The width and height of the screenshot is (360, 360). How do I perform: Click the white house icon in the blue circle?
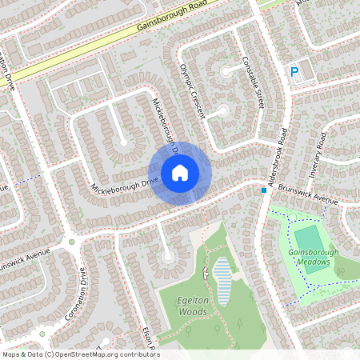coord(179,172)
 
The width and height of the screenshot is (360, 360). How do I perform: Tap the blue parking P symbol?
coord(294,72)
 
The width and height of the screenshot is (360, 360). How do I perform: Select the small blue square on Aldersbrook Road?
coord(263,190)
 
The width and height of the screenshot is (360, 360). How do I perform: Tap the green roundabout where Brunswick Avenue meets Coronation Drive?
coord(71,242)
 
